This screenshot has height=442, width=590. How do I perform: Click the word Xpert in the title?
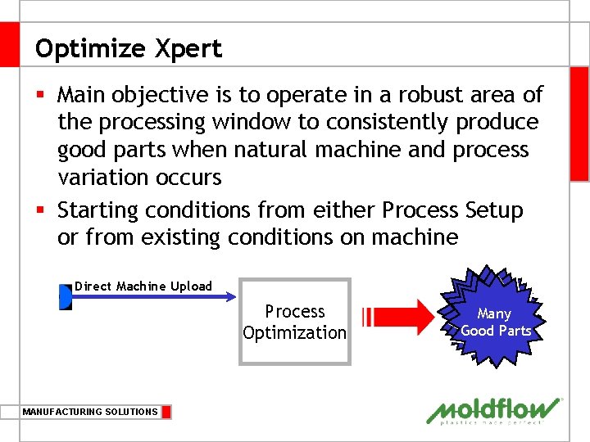click(x=188, y=49)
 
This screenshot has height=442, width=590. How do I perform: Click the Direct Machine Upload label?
click(x=143, y=286)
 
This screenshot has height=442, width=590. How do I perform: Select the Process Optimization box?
click(x=295, y=322)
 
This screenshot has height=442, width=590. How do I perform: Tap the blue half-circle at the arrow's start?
click(x=66, y=297)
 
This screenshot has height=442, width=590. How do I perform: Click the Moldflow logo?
click(x=494, y=411)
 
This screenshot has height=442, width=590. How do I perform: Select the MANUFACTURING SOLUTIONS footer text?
click(x=90, y=412)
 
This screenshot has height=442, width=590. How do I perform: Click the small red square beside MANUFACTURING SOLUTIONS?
click(x=166, y=412)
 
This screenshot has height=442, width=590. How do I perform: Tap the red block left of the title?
click(x=9, y=44)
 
